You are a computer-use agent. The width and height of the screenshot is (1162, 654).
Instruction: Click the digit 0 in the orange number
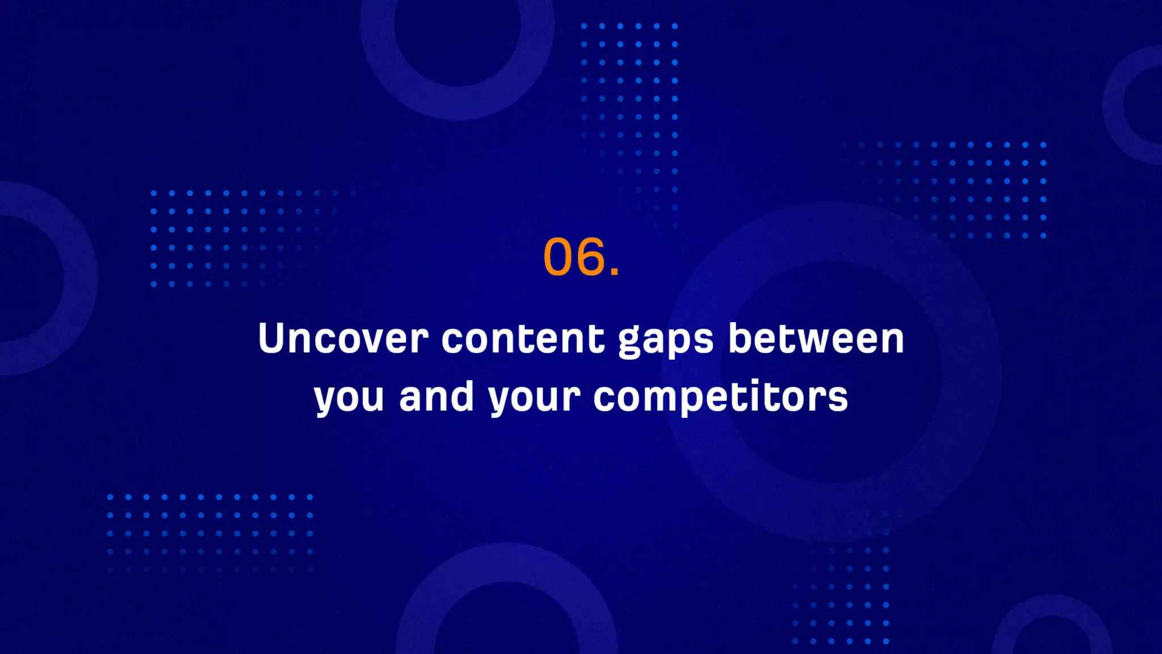[x=559, y=257]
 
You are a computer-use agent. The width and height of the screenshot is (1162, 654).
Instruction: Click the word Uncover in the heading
[x=343, y=339]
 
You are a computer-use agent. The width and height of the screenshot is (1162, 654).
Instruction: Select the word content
[x=523, y=339]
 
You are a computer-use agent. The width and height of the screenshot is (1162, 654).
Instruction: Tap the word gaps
[x=666, y=341]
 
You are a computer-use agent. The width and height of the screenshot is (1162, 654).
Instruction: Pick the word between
[x=816, y=339]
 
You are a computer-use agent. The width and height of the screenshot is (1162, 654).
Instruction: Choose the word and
[x=436, y=396]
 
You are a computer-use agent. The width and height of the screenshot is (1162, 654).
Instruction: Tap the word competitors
[x=721, y=397]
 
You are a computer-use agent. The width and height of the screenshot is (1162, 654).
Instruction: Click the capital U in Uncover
[x=271, y=338]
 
